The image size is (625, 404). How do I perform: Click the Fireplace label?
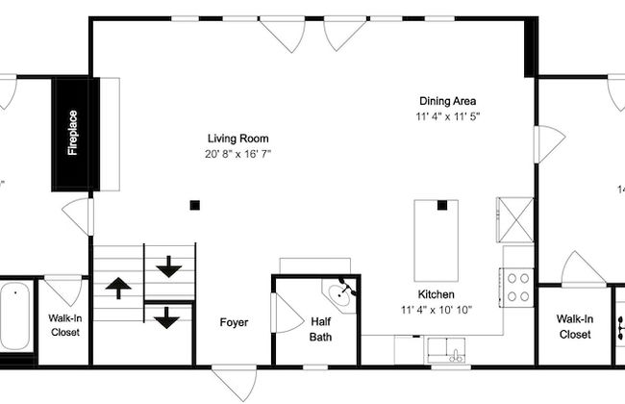pos(72,133)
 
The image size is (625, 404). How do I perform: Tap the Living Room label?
pos(237,139)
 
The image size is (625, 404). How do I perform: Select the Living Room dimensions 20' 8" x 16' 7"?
pos(237,154)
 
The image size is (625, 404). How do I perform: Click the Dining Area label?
pos(448,101)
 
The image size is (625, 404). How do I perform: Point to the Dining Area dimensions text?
pos(448,116)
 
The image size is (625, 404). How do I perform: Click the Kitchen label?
pos(437,294)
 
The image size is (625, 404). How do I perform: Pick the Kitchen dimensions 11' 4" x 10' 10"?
pos(437,310)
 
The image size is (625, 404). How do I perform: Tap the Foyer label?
pos(234,322)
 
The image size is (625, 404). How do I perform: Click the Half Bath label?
pos(321,329)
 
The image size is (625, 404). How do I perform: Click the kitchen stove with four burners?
pos(517,288)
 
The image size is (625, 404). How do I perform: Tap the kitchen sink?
pos(446,351)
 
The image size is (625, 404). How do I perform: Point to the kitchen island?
pos(437,240)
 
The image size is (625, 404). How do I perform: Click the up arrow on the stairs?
pos(118,288)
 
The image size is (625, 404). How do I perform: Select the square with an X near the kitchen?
pos(516,219)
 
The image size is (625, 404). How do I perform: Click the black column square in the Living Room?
pos(194,206)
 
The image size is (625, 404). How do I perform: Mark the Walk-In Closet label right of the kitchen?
pos(575,327)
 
